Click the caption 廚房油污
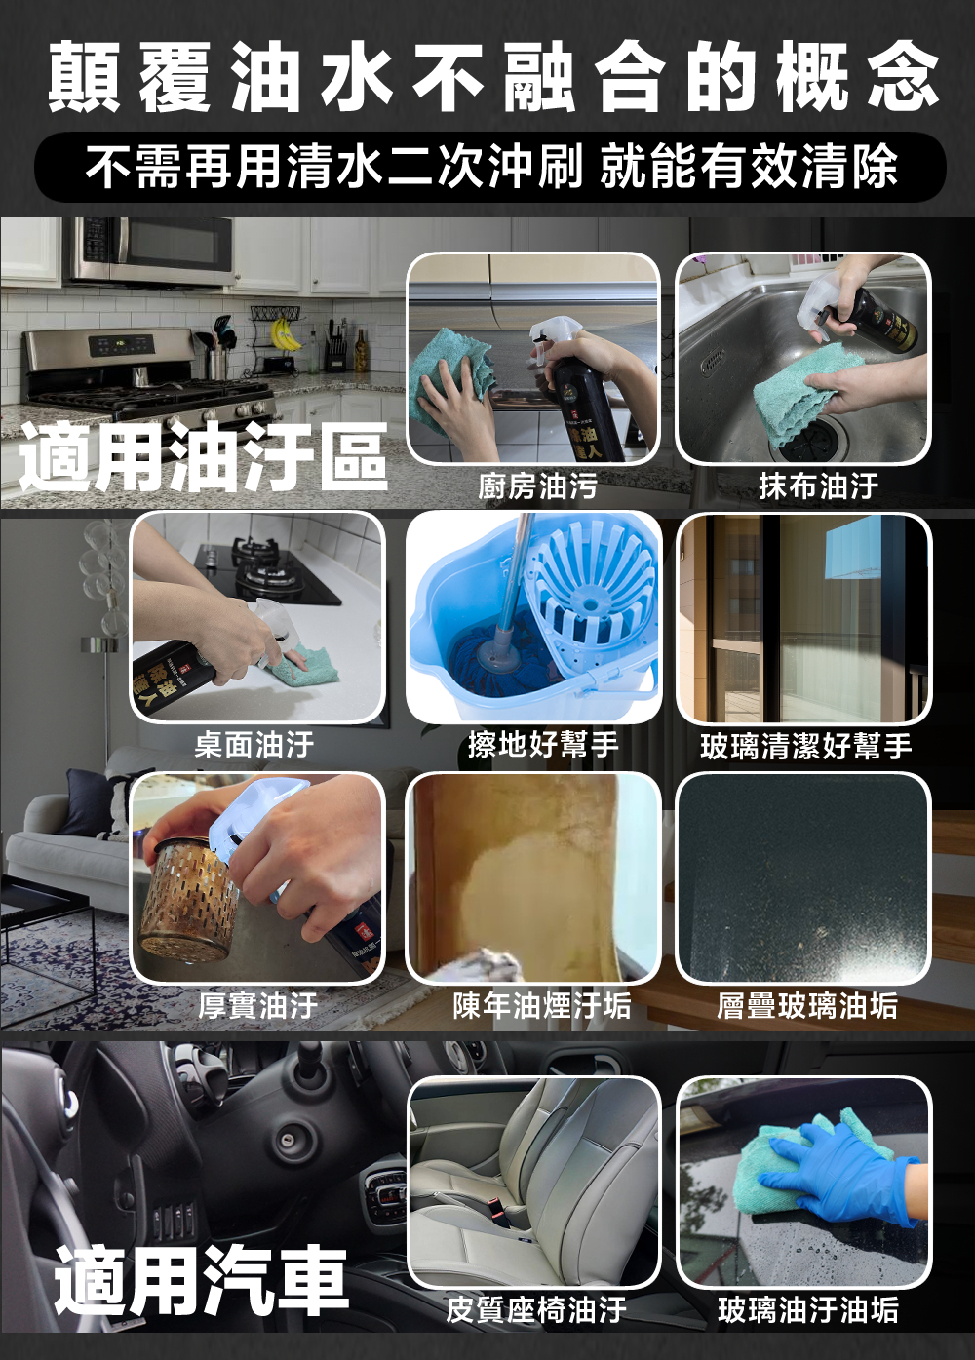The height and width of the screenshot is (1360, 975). click(x=537, y=486)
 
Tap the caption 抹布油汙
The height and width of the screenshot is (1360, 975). click(x=818, y=486)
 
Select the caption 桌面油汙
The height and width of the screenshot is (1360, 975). click(x=254, y=744)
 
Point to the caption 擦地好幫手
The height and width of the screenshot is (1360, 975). click(x=543, y=744)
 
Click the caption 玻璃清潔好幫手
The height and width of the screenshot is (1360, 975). click(x=806, y=746)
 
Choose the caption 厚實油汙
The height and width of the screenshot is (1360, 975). click(x=258, y=1005)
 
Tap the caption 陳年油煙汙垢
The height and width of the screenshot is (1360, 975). click(x=542, y=1005)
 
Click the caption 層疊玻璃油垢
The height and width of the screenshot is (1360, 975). click(x=807, y=1005)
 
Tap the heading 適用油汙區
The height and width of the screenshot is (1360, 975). click(x=204, y=456)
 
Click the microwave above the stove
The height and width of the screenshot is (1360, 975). click(x=149, y=252)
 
